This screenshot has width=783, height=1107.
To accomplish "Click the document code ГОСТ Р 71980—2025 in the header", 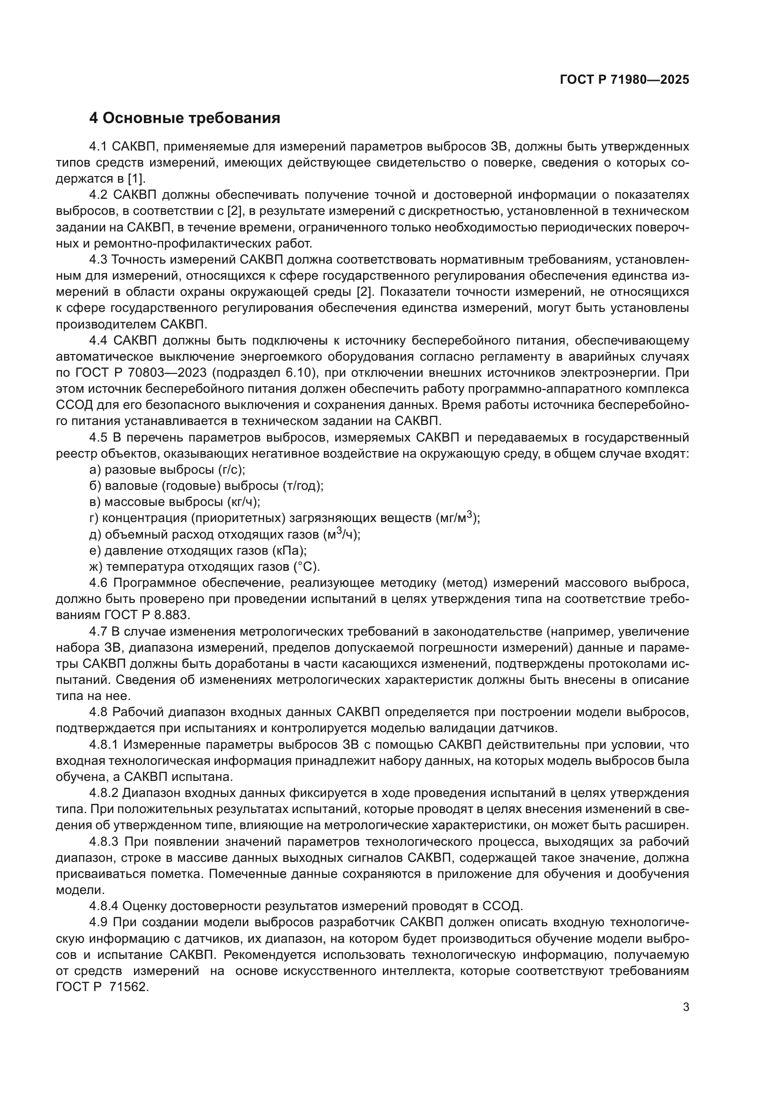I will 624,80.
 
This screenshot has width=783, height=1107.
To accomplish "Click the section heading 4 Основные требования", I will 184,118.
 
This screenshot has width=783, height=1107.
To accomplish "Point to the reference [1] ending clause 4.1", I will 135,179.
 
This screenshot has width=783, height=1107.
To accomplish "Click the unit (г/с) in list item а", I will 231,470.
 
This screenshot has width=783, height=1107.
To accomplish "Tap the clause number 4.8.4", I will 104,907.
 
